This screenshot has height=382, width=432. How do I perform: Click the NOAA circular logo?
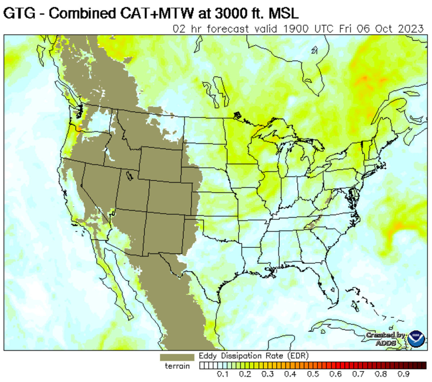(x=416, y=339)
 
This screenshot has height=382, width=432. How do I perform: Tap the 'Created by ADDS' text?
(x=385, y=339)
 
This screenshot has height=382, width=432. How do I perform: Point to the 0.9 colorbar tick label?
(x=404, y=374)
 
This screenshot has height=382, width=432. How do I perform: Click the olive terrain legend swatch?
(x=177, y=357)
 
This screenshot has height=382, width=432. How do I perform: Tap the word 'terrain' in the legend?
(x=177, y=366)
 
